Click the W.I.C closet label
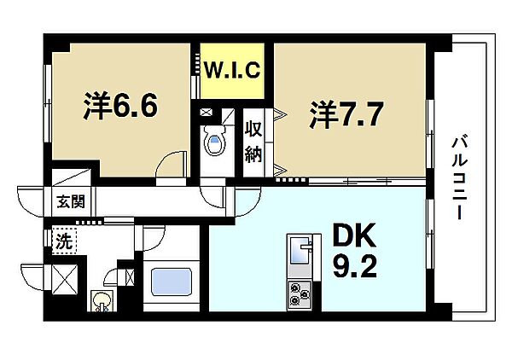tap(232, 69)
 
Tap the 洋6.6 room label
tap(120, 106)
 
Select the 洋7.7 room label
tap(346, 115)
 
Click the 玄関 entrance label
tap(71, 201)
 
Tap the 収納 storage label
tap(253, 141)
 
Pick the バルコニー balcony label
tap(460, 178)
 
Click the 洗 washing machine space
tap(64, 241)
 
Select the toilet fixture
tap(214, 141)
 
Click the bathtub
tap(172, 282)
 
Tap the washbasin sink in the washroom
tap(102, 301)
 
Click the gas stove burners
tap(300, 295)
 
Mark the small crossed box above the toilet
tap(207, 113)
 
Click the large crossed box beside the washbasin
tap(65, 279)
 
